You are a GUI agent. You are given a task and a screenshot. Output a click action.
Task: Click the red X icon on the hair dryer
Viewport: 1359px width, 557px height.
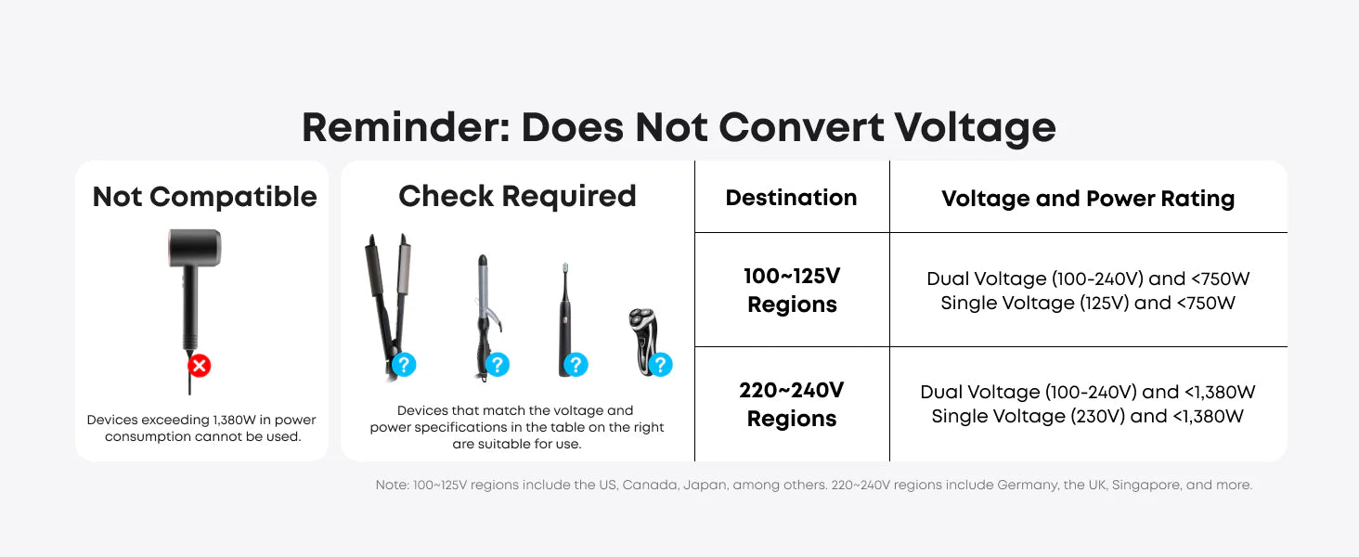(x=199, y=366)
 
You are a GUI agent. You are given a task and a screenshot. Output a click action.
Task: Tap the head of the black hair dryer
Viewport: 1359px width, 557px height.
(x=195, y=248)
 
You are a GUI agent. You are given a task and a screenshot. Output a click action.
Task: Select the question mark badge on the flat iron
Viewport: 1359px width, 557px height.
(x=404, y=365)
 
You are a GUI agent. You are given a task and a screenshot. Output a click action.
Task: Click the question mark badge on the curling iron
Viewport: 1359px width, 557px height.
(x=498, y=365)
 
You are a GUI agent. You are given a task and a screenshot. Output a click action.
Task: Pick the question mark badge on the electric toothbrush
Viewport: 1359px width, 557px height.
(x=576, y=365)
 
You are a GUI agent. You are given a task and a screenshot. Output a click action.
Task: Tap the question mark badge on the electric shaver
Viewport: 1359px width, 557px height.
(x=661, y=365)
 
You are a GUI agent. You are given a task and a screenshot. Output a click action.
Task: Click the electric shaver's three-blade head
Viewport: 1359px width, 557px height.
(x=642, y=319)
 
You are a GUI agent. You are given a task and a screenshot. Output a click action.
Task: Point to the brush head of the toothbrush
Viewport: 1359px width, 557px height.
(x=565, y=269)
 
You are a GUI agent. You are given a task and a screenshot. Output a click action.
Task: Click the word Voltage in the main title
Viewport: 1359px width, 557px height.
(x=975, y=127)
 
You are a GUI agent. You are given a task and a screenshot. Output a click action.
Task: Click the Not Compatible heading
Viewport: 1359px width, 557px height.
(x=204, y=197)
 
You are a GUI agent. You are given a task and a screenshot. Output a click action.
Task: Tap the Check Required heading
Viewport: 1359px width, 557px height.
(x=517, y=196)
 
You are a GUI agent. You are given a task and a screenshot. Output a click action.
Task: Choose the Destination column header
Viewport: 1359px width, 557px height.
(x=791, y=197)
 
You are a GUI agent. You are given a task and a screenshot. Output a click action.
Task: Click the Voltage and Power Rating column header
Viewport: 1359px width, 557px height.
(x=1088, y=199)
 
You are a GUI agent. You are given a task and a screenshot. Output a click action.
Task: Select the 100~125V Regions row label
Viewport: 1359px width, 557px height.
(x=792, y=290)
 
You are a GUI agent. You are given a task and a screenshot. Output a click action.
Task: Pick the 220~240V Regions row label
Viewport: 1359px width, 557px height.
(x=791, y=404)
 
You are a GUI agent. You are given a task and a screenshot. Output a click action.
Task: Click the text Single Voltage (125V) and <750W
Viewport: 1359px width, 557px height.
(x=1088, y=303)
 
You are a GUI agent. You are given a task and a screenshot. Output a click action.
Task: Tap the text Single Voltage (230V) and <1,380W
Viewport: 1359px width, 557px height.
(x=1087, y=416)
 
